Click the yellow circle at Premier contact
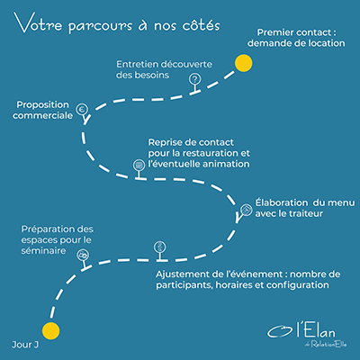[x=243, y=63]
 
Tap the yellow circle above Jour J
[x=50, y=331]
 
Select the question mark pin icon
[x=195, y=84]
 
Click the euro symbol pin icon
[x=83, y=113]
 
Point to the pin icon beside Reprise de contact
[x=139, y=169]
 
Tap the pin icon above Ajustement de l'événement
[x=159, y=251]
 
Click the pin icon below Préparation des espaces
[x=84, y=259]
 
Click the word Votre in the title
[x=38, y=23]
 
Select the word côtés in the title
[x=201, y=24]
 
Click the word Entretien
[x=136, y=64]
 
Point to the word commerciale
[x=42, y=115]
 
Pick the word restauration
[x=211, y=153]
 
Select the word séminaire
[x=43, y=250]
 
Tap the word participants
[x=184, y=285]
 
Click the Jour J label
[x=25, y=345]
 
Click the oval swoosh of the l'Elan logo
[x=280, y=331]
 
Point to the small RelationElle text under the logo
[x=328, y=344]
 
